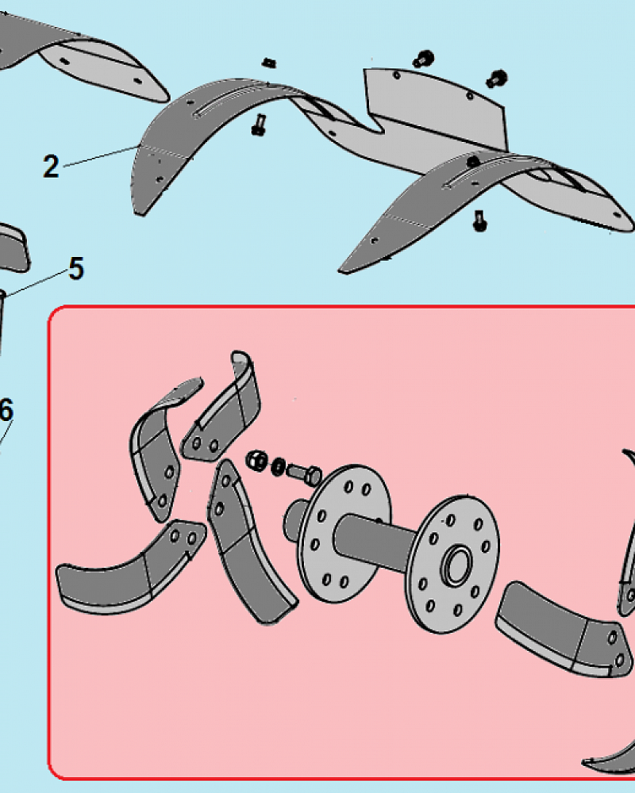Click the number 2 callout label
51,167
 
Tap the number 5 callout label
76,269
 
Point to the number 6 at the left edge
6,410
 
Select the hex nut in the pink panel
256,460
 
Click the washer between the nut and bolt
278,466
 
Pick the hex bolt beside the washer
304,474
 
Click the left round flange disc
344,534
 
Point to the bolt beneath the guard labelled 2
259,125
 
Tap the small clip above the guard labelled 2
268,63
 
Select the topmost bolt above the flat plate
422,59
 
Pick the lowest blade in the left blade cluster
129,566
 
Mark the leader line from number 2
100,155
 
